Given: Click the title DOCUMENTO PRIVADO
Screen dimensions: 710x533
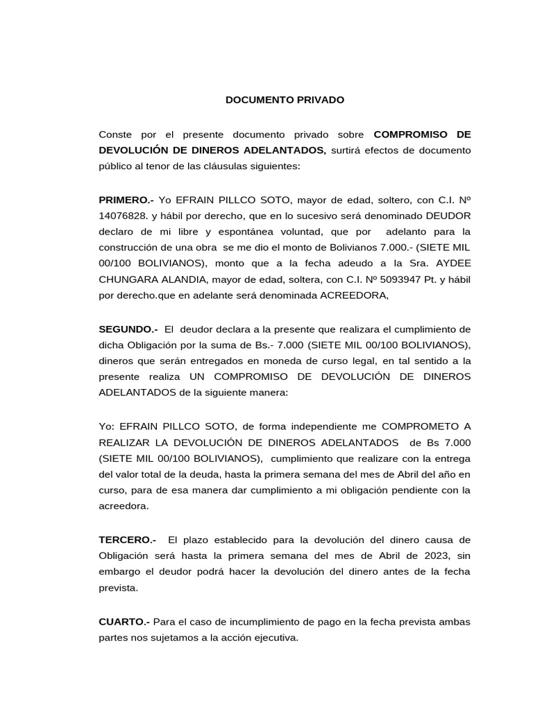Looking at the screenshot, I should click(285, 100).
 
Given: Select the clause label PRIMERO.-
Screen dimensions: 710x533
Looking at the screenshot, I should click(127, 200).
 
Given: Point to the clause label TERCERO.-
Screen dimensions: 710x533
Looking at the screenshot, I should click(128, 539).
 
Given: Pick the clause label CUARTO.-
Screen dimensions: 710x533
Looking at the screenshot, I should click(124, 622).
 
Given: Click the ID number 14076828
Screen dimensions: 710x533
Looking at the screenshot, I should click(121, 216).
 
